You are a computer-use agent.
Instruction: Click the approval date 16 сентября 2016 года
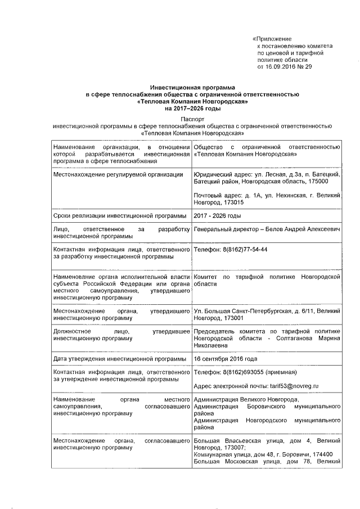226,358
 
